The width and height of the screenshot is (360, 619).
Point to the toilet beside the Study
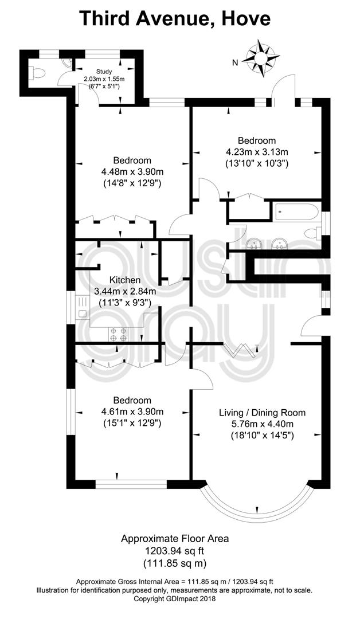pyautogui.click(x=38, y=73)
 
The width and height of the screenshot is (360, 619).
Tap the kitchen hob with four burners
pyautogui.click(x=119, y=335)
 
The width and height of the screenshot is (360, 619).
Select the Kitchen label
pyautogui.click(x=125, y=280)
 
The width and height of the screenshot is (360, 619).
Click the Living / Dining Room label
pyautogui.click(x=262, y=413)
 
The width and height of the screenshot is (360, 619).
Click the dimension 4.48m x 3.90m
pyautogui.click(x=132, y=172)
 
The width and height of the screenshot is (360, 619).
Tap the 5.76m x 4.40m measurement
pyautogui.click(x=262, y=424)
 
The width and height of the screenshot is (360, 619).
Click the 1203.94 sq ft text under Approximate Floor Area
pyautogui.click(x=175, y=550)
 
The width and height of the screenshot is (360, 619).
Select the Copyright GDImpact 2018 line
pyautogui.click(x=175, y=610)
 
